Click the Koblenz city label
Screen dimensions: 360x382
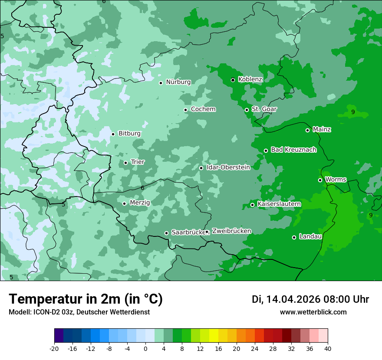(x=250, y=79)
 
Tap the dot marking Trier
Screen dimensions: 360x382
(x=126, y=163)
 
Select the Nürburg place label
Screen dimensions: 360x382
(x=178, y=82)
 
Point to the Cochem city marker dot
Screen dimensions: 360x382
(x=186, y=110)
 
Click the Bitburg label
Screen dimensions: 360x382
(x=129, y=134)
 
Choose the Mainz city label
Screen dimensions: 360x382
(x=322, y=129)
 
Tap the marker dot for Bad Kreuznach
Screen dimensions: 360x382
(x=266, y=151)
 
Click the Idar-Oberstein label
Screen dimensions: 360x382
(x=228, y=167)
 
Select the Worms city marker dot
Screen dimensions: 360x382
(x=320, y=180)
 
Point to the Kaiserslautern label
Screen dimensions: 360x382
(x=279, y=204)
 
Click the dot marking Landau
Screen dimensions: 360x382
(x=294, y=237)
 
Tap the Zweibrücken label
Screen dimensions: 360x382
(x=231, y=231)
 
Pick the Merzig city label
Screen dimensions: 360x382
(x=140, y=203)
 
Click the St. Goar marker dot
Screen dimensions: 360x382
(x=247, y=110)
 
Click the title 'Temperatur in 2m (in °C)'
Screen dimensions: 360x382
(x=86, y=299)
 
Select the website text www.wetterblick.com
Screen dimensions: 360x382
(x=313, y=312)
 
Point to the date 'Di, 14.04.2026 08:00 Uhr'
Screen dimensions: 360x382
(x=310, y=299)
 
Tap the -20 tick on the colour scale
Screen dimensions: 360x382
(x=54, y=349)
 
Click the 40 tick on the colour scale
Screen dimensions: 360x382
(x=328, y=349)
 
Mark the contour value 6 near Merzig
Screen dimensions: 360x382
(x=142, y=188)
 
